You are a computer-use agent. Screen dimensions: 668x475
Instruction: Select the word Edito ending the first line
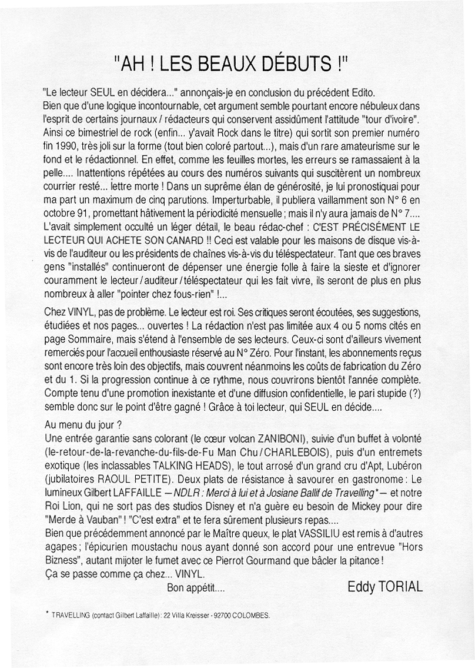click(x=361, y=92)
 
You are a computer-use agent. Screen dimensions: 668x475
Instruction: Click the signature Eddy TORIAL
click(x=385, y=587)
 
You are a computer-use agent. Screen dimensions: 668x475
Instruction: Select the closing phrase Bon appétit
click(x=196, y=587)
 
